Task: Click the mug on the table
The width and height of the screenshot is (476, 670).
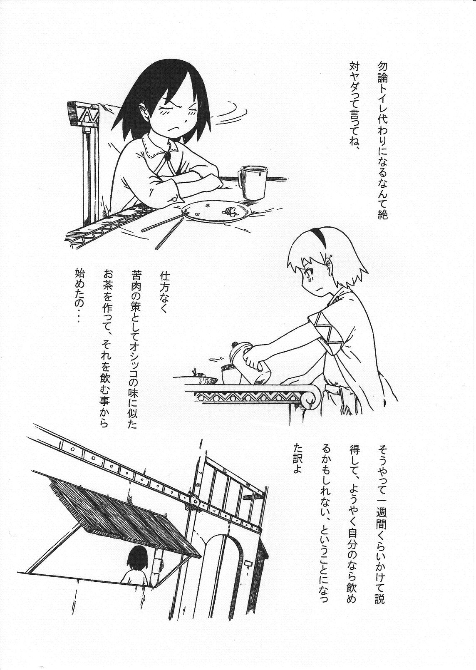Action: tap(252, 182)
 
